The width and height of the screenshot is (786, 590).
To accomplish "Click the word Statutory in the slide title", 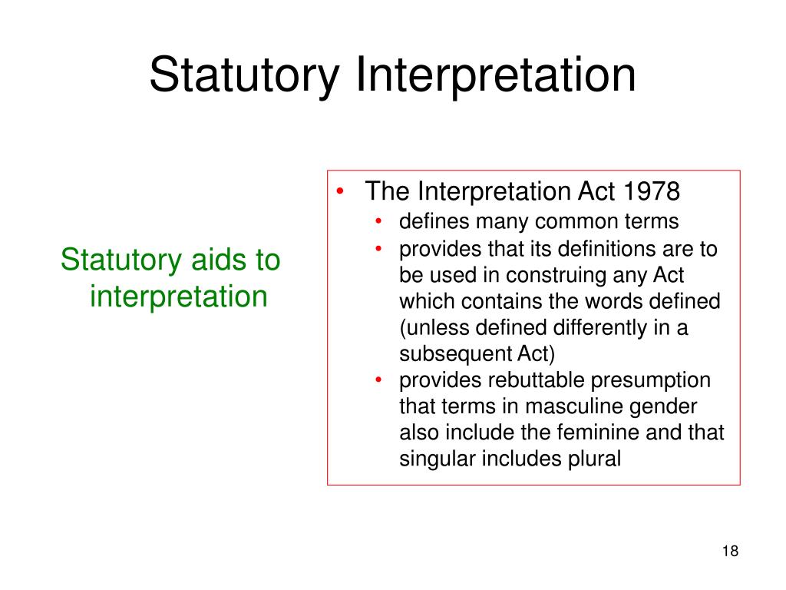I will point(245,76).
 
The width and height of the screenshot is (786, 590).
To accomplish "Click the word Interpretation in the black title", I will point(495,76).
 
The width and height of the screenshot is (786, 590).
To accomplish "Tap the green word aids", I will point(206,260).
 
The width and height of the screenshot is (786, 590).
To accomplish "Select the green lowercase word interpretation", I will point(178,296).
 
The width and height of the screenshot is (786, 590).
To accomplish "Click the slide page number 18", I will point(730,551).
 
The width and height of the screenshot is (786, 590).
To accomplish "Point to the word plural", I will point(591,459).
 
